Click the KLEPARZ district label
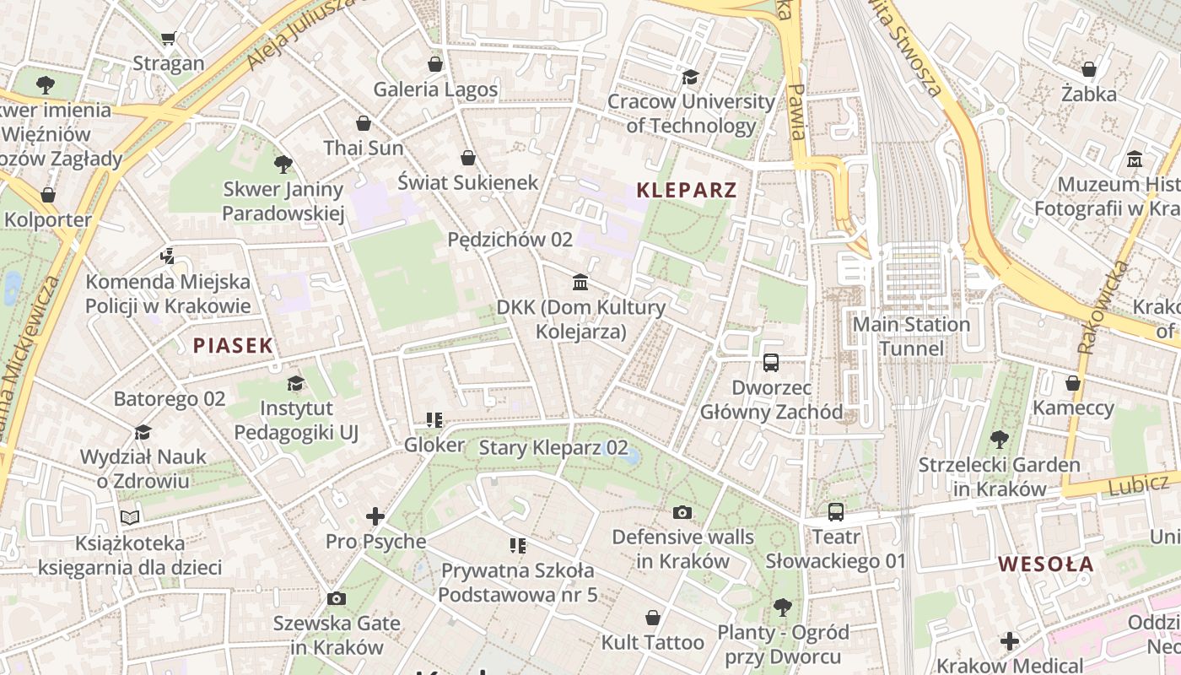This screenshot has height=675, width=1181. click(687, 190)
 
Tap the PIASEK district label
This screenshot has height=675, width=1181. click(233, 345)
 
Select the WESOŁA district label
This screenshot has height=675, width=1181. click(1046, 564)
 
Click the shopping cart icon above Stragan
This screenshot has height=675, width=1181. click(168, 38)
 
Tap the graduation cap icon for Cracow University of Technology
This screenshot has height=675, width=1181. click(691, 77)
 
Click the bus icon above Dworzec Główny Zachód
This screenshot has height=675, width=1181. click(771, 363)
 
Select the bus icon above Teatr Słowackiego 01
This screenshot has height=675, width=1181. click(835, 511)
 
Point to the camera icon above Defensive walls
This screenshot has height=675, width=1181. click(682, 512)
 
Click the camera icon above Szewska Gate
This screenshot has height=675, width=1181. click(336, 599)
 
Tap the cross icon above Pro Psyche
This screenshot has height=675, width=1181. click(375, 516)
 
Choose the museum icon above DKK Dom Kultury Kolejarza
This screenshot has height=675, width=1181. click(580, 282)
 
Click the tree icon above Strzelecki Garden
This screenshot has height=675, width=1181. click(999, 440)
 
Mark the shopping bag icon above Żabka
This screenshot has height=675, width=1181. click(1089, 69)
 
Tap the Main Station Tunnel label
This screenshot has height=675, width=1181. click(911, 337)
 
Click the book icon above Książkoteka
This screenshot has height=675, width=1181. click(129, 517)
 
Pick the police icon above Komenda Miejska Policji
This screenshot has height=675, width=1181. click(167, 256)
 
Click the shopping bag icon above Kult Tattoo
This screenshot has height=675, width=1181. click(652, 618)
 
